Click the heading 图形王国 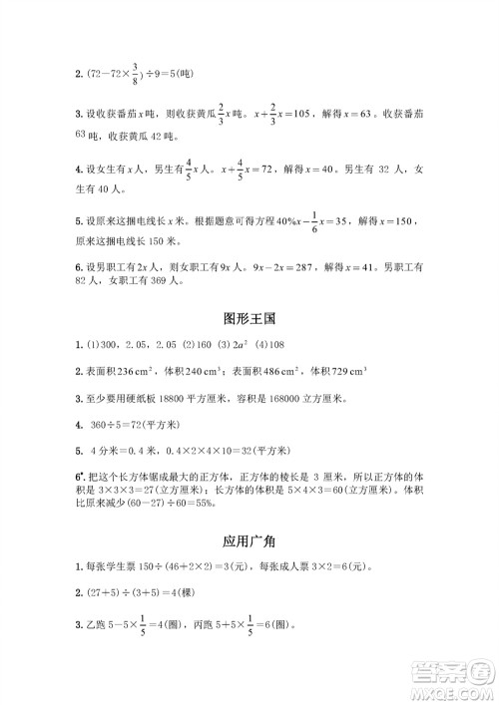click(249, 318)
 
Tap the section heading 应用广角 click(249, 540)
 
